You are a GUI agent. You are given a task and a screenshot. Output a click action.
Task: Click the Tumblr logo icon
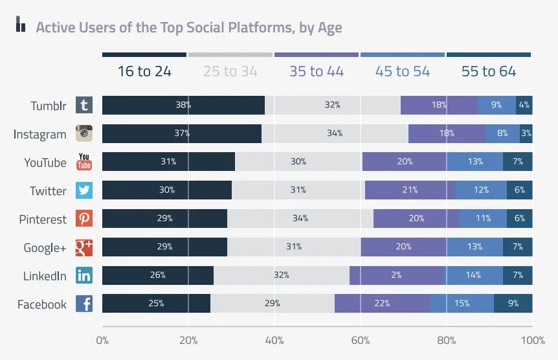click(x=84, y=106)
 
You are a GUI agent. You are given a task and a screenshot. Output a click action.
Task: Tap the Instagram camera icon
click(x=84, y=133)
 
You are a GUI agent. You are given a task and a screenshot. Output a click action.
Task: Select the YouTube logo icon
click(x=84, y=162)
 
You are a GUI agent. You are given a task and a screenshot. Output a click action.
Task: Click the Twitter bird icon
click(x=84, y=190)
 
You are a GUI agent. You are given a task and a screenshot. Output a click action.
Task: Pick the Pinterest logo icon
click(x=84, y=219)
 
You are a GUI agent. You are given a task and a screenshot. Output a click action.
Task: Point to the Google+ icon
click(x=84, y=247)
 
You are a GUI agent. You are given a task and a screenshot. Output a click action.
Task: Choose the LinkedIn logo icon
click(x=84, y=275)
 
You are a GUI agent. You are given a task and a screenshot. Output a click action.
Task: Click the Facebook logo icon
click(x=84, y=304)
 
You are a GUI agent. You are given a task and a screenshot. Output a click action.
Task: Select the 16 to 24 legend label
click(x=144, y=71)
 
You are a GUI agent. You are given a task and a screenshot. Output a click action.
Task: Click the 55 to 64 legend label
click(x=489, y=71)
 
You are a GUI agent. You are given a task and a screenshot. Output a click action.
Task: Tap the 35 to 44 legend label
click(x=317, y=71)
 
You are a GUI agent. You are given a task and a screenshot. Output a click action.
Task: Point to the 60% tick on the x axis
click(x=361, y=340)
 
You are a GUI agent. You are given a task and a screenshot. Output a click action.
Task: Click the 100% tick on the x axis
click(x=532, y=340)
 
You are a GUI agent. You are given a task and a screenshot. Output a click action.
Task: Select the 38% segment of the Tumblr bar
click(x=183, y=105)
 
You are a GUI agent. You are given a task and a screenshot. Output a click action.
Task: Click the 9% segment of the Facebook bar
click(x=513, y=303)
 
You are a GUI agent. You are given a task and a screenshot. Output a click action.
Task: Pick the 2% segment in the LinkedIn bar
click(x=397, y=275)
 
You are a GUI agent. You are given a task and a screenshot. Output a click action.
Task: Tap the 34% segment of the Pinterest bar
click(x=300, y=219)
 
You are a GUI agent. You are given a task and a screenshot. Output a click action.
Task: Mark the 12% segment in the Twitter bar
click(x=481, y=190)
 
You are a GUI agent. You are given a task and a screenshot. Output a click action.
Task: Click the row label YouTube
click(x=45, y=163)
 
